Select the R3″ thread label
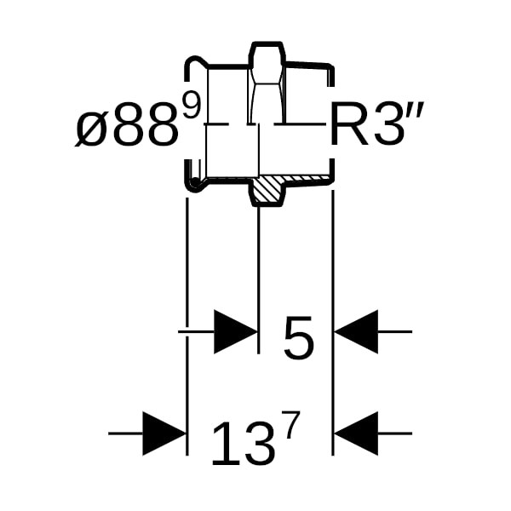click(x=376, y=123)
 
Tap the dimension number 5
click(x=299, y=338)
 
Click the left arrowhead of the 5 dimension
click(x=235, y=332)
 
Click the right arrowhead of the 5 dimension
click(x=356, y=332)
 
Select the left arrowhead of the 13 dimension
click(x=164, y=433)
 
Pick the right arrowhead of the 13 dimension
click(x=356, y=433)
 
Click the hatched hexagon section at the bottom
click(x=267, y=190)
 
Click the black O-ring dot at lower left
click(x=195, y=182)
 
